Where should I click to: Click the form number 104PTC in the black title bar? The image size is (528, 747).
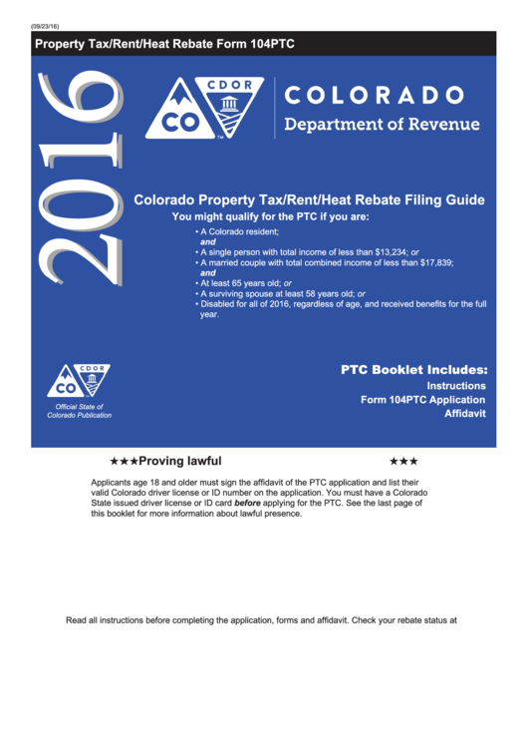click(x=269, y=44)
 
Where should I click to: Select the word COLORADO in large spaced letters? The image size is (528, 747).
click(x=375, y=96)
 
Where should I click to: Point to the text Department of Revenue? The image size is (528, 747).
click(x=382, y=125)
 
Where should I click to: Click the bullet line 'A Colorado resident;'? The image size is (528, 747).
click(x=240, y=231)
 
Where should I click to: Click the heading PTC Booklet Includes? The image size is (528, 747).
click(x=413, y=369)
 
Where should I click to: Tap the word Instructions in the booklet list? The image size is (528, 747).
click(x=456, y=385)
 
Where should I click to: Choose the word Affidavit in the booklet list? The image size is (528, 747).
click(x=464, y=413)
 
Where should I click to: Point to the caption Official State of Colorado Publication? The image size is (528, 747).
click(x=80, y=411)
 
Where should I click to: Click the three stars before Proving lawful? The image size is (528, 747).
click(x=124, y=462)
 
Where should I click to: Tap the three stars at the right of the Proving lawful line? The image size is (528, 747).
click(x=403, y=462)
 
